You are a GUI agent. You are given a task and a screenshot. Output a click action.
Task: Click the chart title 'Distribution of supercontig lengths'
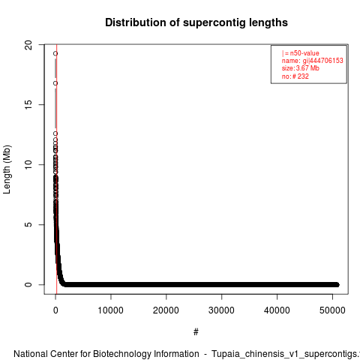[196, 22]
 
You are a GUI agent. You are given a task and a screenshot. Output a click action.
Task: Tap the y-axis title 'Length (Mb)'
[7, 169]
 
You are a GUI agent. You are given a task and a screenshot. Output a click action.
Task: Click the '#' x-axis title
[196, 332]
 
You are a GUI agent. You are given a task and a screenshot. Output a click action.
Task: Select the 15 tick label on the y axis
[29, 104]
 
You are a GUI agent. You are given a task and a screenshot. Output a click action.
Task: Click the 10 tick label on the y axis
[29, 164]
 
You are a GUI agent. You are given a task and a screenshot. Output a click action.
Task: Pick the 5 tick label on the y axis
[29, 224]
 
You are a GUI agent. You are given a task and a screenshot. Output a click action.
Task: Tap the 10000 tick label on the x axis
[110, 310]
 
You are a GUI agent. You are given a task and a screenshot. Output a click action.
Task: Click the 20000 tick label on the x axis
[166, 310]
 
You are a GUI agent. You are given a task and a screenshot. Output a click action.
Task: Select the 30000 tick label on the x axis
[221, 310]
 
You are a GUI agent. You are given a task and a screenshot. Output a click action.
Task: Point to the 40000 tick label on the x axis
[277, 310]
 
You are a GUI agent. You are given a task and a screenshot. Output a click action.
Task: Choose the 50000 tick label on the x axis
[332, 310]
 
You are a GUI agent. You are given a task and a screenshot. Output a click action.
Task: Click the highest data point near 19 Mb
[55, 53]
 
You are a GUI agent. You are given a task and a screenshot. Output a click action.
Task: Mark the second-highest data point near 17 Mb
[55, 83]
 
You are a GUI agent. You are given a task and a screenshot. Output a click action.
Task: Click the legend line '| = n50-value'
[301, 53]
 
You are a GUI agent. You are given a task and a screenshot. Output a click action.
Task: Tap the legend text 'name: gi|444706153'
[313, 61]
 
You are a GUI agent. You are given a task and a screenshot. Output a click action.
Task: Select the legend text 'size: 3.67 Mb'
[301, 68]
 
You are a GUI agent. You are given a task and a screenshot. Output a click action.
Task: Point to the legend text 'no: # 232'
[295, 76]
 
